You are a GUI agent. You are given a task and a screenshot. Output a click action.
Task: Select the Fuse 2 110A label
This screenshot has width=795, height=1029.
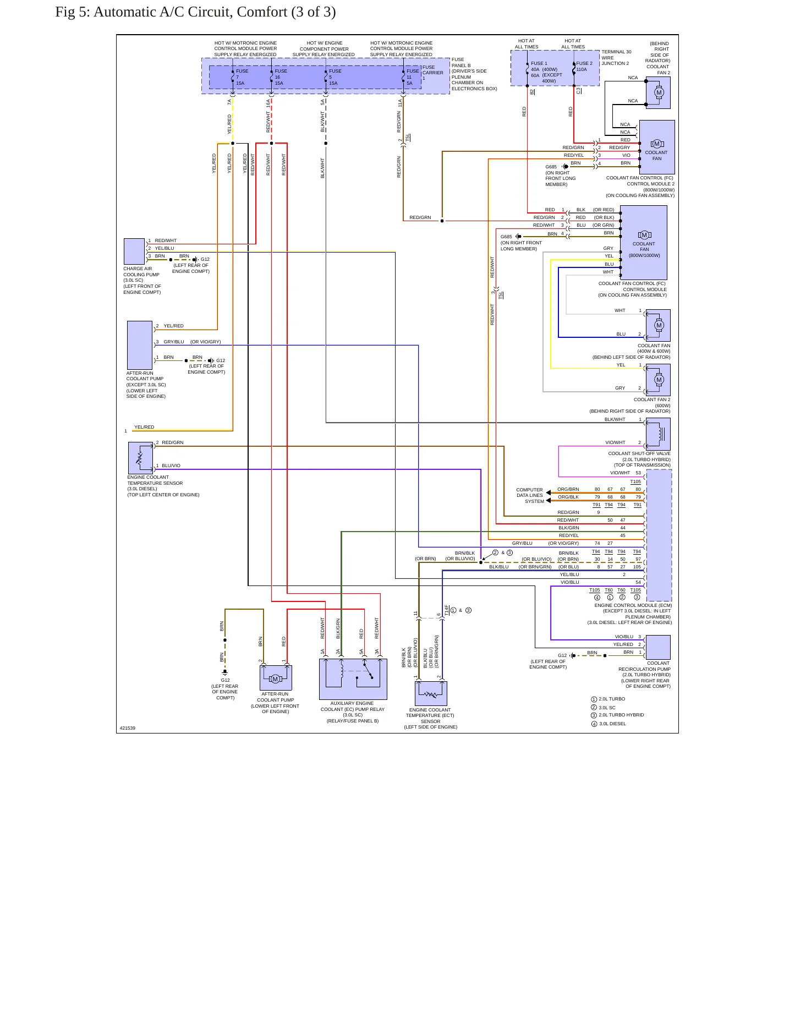coord(584,67)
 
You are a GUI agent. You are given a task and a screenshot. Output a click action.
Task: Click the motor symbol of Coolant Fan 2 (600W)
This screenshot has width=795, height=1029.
coord(659,380)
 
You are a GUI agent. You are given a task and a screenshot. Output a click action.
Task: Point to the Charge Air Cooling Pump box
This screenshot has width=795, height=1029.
coord(134,251)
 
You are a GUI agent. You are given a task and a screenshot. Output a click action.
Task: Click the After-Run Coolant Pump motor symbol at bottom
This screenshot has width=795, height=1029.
coord(276,678)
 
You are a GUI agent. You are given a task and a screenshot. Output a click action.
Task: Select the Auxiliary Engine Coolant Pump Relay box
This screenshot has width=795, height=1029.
coord(353,679)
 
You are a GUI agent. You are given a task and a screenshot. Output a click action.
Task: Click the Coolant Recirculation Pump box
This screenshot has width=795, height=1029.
coord(658,648)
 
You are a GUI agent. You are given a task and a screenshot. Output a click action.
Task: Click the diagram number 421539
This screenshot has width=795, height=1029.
coord(128,728)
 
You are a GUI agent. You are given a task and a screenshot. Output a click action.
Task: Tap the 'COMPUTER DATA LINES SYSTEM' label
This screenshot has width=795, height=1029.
coord(529,496)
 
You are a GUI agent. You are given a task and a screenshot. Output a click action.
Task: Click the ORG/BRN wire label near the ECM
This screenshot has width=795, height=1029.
coord(568,489)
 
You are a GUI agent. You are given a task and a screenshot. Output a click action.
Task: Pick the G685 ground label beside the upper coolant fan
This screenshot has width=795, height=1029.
coord(551,167)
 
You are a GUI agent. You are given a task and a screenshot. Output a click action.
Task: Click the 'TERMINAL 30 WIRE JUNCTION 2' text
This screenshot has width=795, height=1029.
coord(616,58)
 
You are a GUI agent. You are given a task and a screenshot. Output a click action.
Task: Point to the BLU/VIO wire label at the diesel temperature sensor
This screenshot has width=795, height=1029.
coord(171,466)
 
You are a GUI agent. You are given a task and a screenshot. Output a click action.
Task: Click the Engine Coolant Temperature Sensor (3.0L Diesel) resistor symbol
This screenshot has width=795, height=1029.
coord(139,457)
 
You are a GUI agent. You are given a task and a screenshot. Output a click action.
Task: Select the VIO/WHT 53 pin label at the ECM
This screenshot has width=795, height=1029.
coord(626,473)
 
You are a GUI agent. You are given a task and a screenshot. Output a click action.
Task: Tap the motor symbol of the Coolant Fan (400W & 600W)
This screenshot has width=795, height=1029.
coord(659,325)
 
